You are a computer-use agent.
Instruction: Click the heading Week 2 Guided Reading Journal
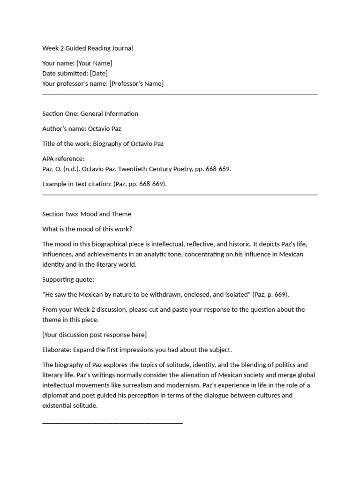point(88,48)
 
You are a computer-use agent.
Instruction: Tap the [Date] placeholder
point(98,74)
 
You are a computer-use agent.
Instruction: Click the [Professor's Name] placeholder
point(136,84)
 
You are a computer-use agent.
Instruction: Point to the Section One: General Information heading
point(90,114)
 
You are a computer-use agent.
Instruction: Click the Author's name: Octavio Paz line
point(82,129)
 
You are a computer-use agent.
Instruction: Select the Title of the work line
point(103,144)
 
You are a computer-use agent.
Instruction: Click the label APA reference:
point(63,159)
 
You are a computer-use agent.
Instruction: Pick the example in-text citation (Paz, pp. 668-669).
point(140,184)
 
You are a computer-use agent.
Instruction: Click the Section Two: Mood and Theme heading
point(87,214)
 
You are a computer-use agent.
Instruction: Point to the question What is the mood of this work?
point(87,229)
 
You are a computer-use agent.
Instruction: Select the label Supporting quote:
point(68,279)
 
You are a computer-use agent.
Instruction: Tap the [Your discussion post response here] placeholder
point(94,335)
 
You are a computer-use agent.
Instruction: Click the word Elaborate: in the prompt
point(57,350)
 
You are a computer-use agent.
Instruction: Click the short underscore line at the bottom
point(112,423)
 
